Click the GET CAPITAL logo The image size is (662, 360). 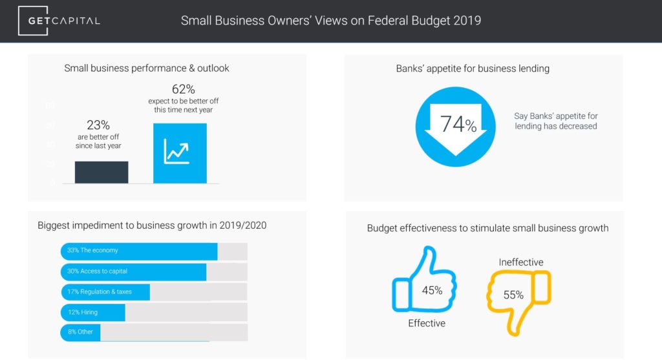59,21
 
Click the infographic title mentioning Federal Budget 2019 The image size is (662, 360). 330,21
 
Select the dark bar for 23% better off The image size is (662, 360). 101,172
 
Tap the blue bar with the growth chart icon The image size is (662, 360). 180,153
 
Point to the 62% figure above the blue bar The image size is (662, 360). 183,89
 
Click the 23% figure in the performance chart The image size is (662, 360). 98,125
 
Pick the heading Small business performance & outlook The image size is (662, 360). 147,68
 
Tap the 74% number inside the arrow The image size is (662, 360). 458,124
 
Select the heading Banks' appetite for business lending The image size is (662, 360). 473,68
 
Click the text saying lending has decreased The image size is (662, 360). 556,121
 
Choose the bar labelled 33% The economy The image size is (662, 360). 139,251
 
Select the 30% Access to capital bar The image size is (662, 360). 133,271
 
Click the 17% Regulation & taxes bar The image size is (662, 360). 105,292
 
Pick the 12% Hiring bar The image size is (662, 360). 92,312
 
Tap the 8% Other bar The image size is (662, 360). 80,332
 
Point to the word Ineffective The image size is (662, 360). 521,262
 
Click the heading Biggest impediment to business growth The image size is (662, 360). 152,226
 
